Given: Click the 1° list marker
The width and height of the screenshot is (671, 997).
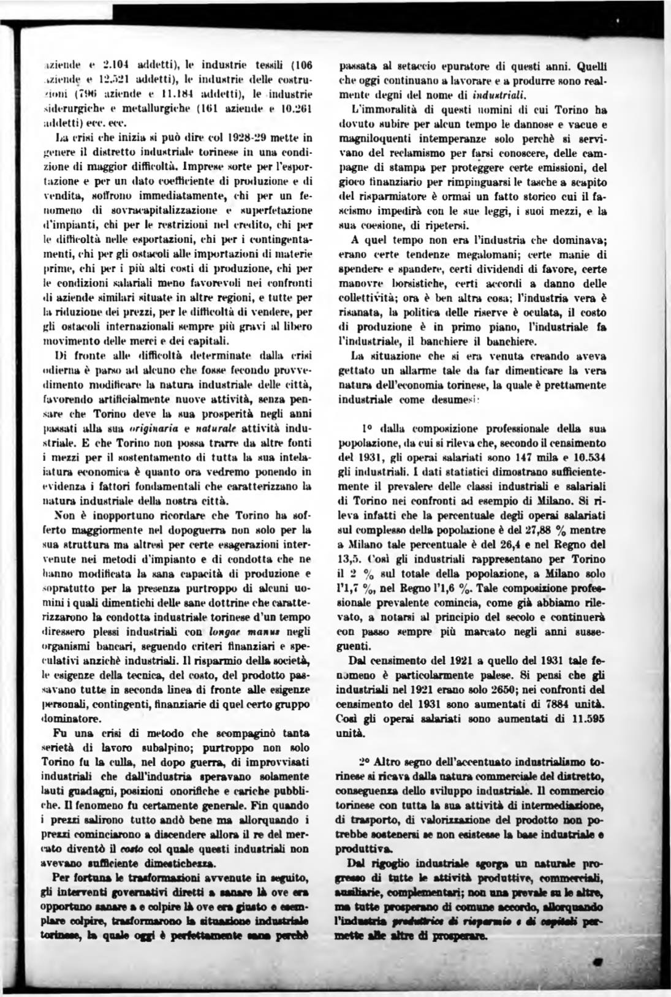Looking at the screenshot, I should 367,425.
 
